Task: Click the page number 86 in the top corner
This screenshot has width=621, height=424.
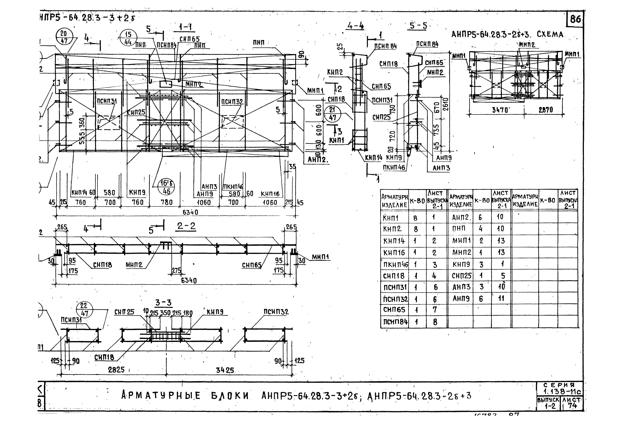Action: pyautogui.click(x=575, y=19)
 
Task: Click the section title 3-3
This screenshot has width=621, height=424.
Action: pyautogui.click(x=163, y=303)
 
